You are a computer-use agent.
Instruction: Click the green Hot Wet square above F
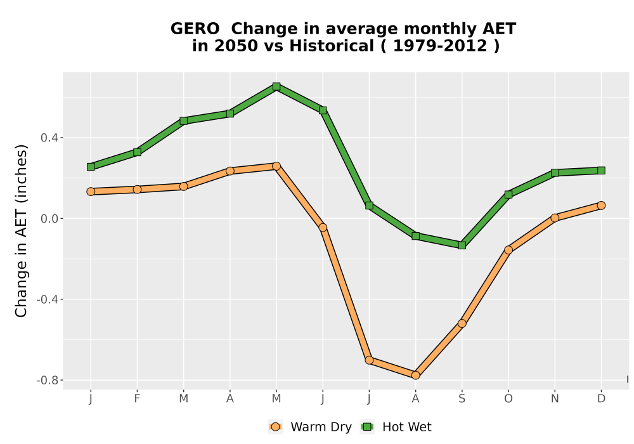click(x=137, y=152)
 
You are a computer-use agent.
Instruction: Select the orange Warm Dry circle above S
click(x=462, y=323)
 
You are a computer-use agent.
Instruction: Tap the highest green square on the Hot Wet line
click(x=276, y=86)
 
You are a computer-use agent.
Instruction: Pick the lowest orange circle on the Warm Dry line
click(x=415, y=375)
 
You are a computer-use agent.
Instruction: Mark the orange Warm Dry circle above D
click(x=601, y=206)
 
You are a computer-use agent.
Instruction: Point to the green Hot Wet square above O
click(x=508, y=195)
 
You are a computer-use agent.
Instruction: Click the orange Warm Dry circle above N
click(x=554, y=218)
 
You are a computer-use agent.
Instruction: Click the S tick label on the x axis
click(x=462, y=399)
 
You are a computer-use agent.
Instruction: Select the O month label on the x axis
click(x=508, y=399)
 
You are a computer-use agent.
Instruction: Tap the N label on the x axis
click(x=554, y=399)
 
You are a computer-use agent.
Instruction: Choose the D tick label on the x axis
click(x=601, y=399)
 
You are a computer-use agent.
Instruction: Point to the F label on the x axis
click(x=137, y=399)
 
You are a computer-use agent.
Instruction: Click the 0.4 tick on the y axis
click(x=49, y=138)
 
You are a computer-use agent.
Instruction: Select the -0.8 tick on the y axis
click(x=48, y=380)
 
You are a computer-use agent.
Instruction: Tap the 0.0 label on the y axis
click(x=49, y=219)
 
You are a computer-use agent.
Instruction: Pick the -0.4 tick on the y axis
click(x=48, y=299)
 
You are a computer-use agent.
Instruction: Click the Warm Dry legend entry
click(x=310, y=427)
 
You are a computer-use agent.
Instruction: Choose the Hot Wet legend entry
click(x=396, y=427)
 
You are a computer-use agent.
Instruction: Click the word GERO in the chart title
click(x=195, y=29)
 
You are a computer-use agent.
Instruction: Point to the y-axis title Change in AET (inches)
click(x=21, y=231)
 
